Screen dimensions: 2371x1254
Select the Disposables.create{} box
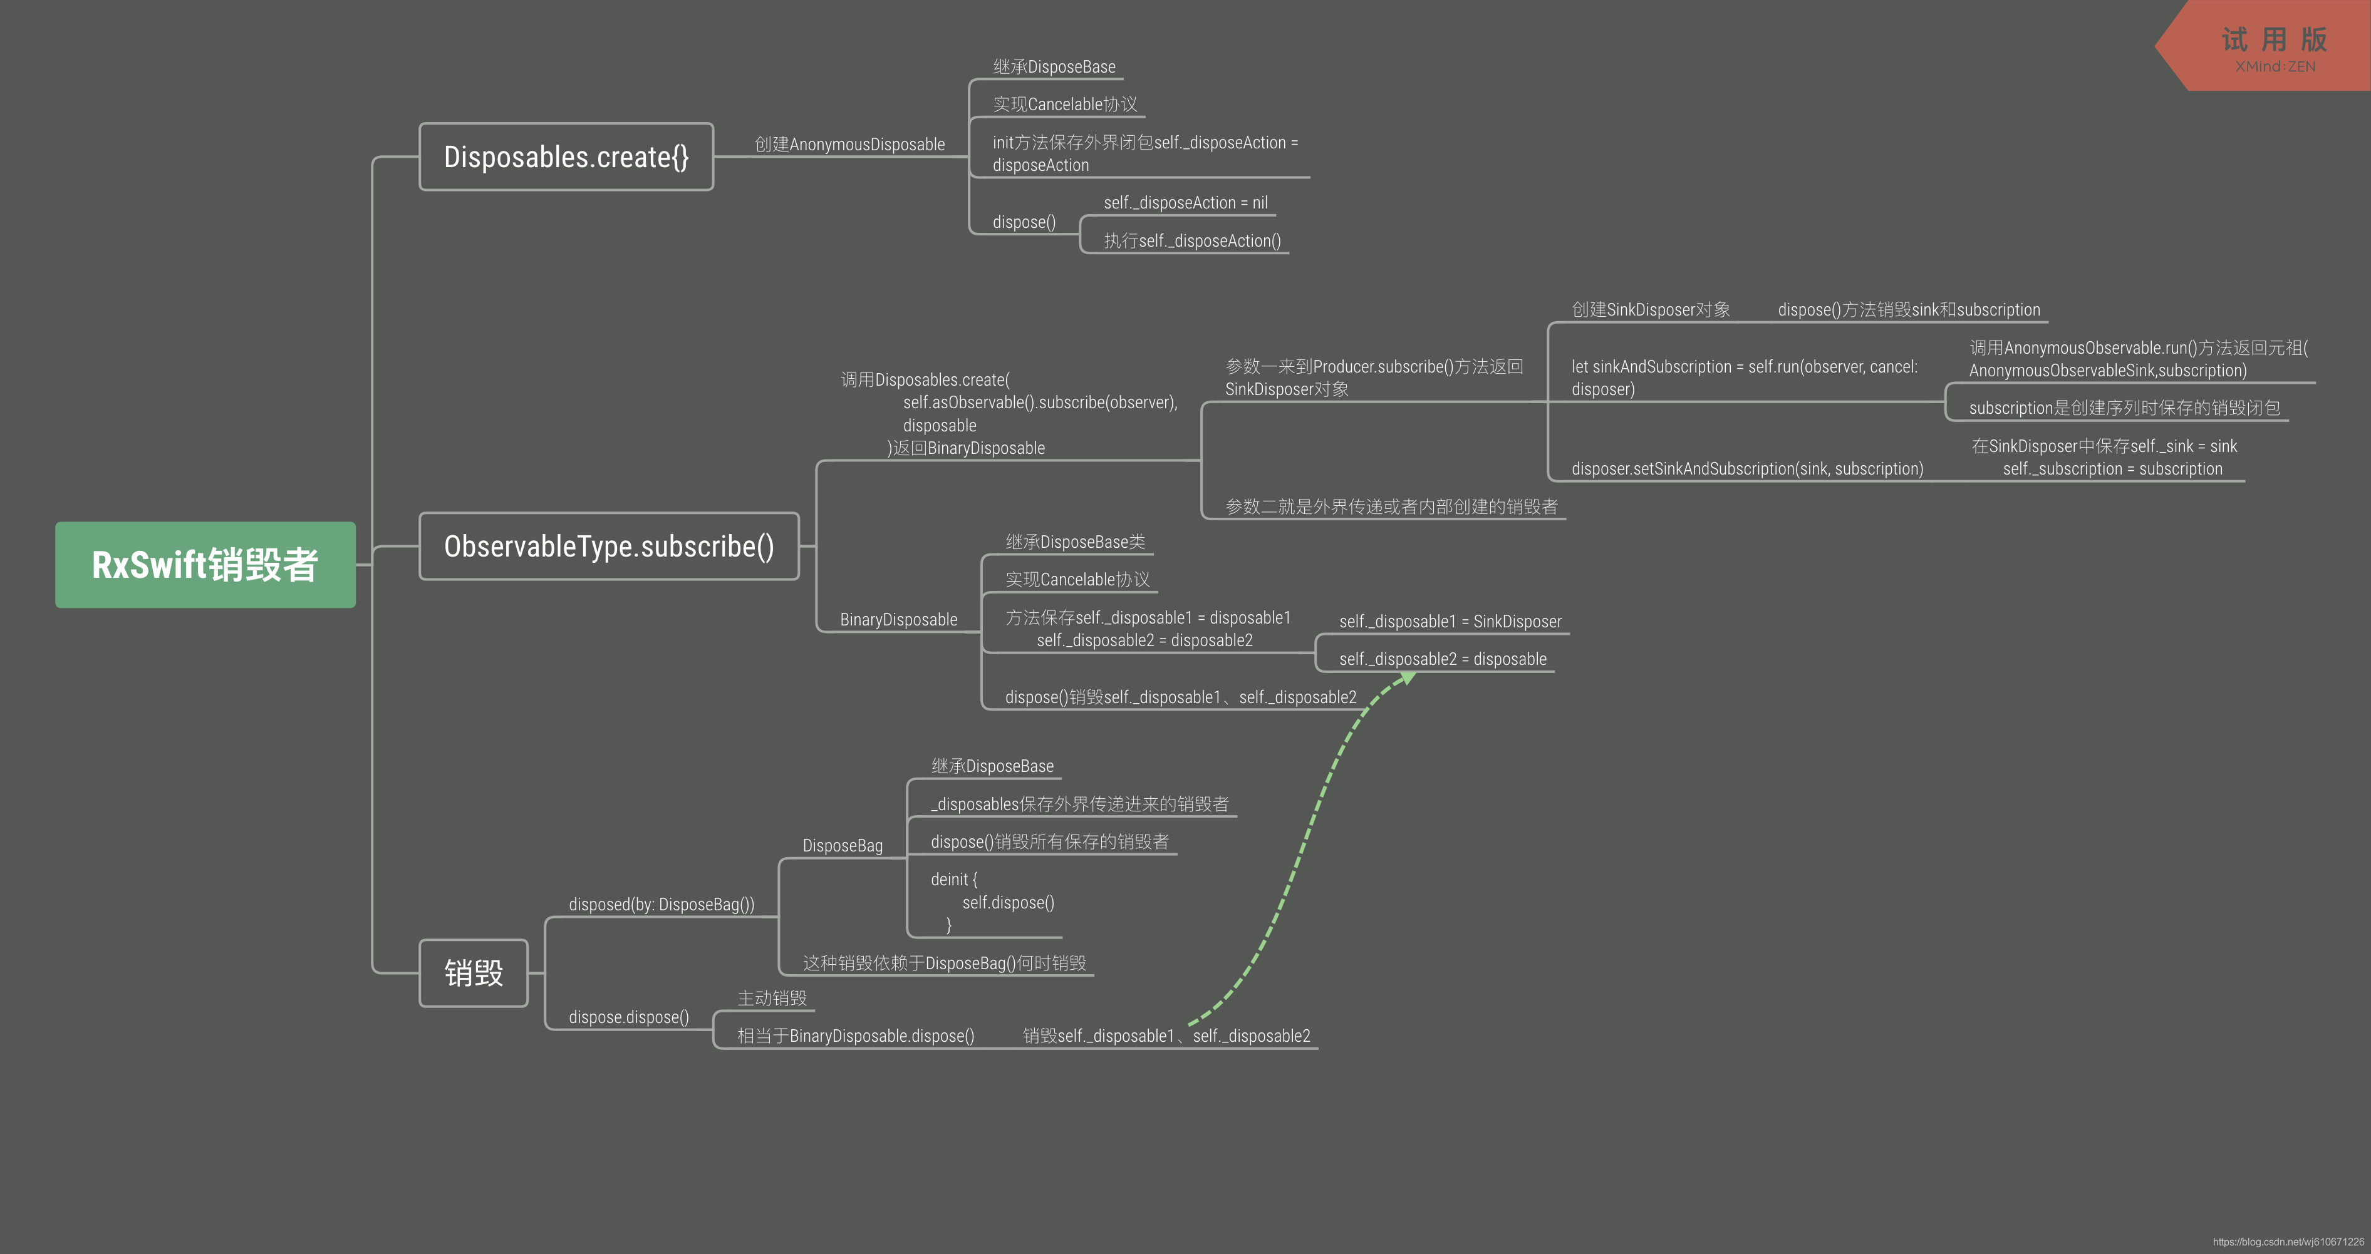click(x=566, y=157)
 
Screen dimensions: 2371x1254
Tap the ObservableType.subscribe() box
click(x=608, y=547)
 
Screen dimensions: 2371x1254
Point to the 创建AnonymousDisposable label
click(x=849, y=145)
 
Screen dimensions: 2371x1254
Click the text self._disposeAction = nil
click(x=1185, y=202)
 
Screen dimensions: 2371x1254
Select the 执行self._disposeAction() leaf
click(x=1192, y=241)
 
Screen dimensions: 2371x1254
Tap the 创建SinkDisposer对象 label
click(x=1651, y=310)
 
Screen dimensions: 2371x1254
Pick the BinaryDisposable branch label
click(x=898, y=620)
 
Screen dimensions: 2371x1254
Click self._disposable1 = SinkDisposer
click(x=1450, y=622)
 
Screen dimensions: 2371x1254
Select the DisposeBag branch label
click(x=842, y=846)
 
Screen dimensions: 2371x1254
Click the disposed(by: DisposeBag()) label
click(x=661, y=905)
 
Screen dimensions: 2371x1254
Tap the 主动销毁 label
click(x=771, y=998)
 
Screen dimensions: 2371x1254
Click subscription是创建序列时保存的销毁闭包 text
click(x=2124, y=408)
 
